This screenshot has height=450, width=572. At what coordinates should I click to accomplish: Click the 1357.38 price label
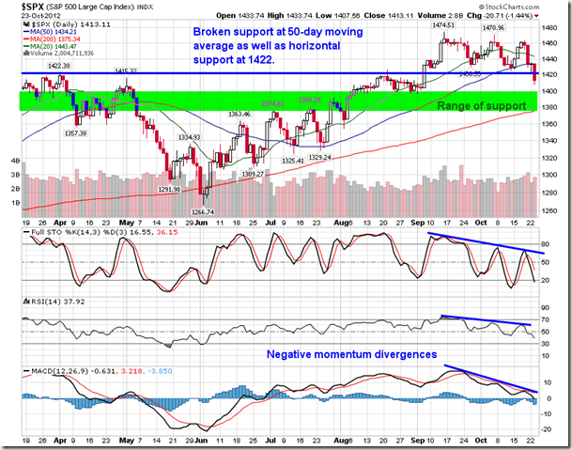[x=76, y=132]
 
